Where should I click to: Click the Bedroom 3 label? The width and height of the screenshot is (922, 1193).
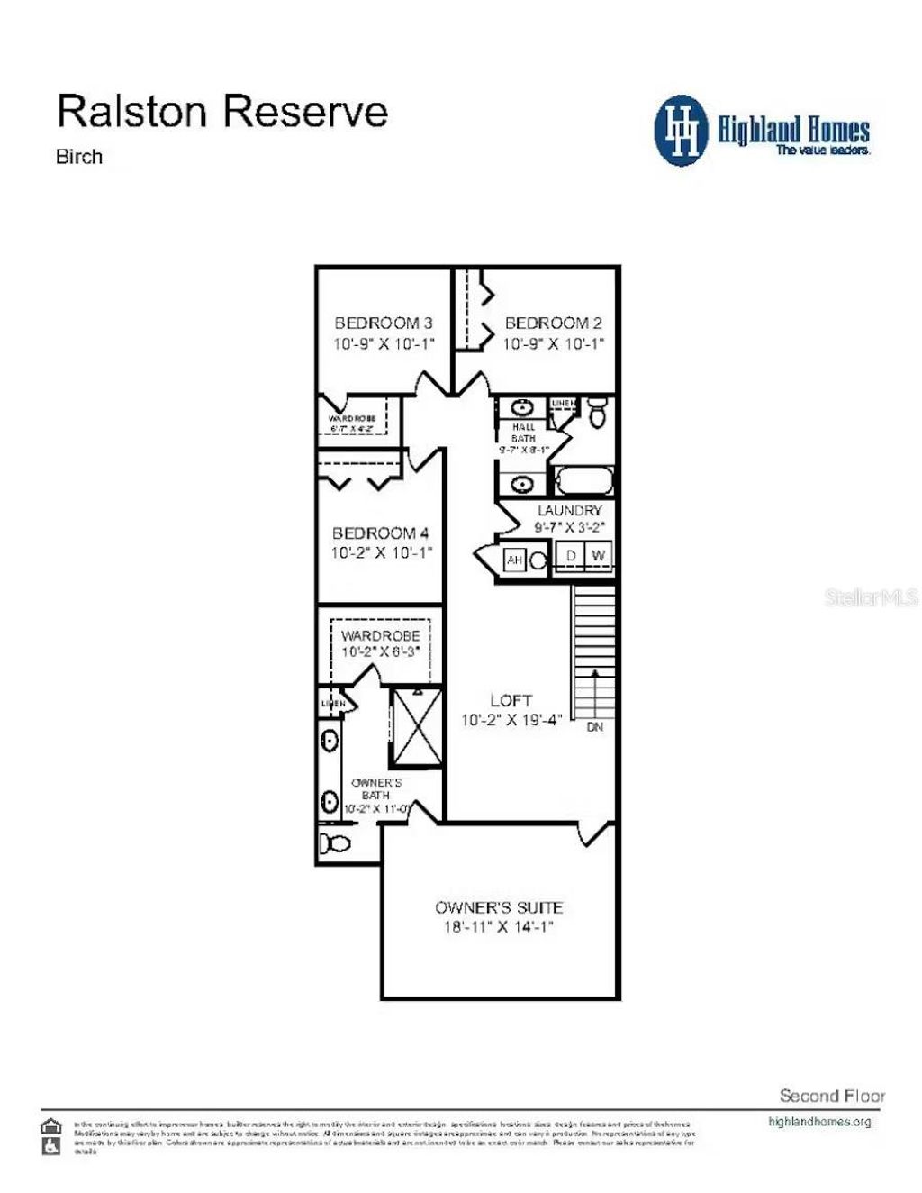tap(384, 323)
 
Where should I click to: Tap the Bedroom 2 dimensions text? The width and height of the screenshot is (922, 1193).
tap(553, 343)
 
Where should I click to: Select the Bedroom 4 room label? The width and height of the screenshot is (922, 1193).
tap(381, 533)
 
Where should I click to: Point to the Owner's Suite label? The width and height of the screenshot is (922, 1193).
tap(499, 907)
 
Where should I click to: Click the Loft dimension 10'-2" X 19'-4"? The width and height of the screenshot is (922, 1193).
tap(511, 720)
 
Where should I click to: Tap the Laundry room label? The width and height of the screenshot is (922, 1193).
tap(569, 510)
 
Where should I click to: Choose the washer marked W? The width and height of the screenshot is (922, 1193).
tap(599, 556)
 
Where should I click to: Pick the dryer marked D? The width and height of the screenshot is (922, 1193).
tap(571, 556)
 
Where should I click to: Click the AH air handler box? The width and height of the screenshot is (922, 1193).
tap(514, 560)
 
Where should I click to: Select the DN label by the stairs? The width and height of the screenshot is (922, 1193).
tap(595, 726)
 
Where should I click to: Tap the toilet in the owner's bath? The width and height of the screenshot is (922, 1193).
tap(336, 843)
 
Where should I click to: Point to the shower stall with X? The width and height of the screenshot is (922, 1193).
tap(416, 727)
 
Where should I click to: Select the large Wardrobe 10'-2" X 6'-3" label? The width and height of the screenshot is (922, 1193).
tap(380, 643)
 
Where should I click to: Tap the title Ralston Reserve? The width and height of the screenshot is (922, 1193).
tap(222, 111)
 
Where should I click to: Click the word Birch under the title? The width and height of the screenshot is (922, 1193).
tap(79, 157)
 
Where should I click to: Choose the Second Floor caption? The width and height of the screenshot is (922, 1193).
tap(832, 1096)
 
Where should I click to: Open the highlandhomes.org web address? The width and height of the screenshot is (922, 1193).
tap(819, 1122)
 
